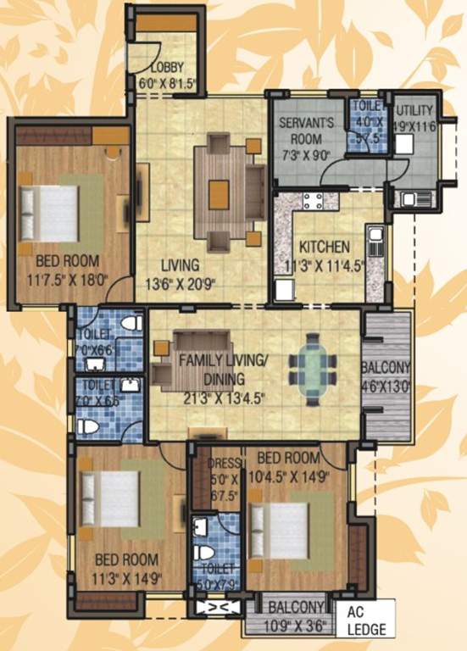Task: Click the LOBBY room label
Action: [x=169, y=69]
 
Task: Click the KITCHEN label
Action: [x=323, y=248]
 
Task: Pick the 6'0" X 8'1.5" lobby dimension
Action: [x=169, y=85]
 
